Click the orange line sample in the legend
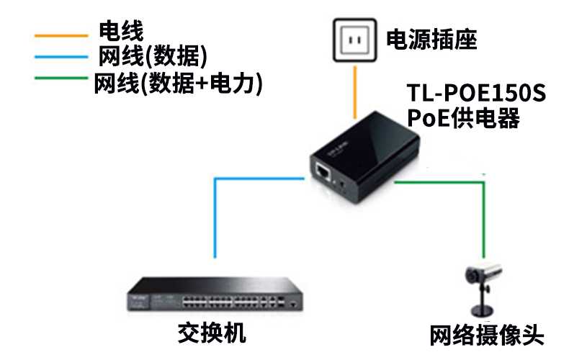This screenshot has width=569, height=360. coord(61,36)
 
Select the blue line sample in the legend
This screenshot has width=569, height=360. coord(61,57)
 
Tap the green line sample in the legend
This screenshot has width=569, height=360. coord(61,78)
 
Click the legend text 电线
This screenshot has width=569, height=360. coord(121,31)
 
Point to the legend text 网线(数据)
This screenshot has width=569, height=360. coord(153,56)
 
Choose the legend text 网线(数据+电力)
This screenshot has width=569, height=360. coord(178,84)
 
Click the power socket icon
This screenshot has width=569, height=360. coord(355,40)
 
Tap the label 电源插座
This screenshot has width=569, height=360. coord(431,40)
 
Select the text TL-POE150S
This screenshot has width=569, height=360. coord(476,93)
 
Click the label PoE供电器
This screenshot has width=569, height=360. coord(463,118)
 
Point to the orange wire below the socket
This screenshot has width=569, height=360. coord(355,92)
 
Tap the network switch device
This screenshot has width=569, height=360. coord(215,294)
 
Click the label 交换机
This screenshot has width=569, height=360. coord(212,333)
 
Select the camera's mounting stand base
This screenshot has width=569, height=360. coord(482,311)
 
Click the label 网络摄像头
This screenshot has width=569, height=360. coord(487,335)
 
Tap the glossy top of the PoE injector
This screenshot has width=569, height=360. coord(367,142)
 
